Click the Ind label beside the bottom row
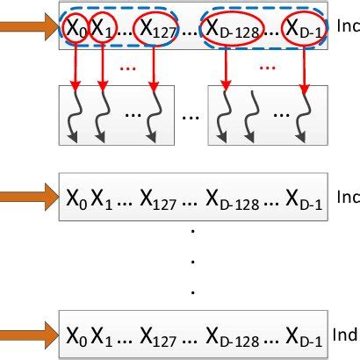(x=347, y=335)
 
